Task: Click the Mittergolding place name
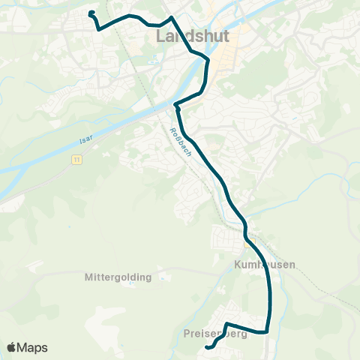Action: point(119,277)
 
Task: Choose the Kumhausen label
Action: point(264,265)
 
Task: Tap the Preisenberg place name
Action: point(214,334)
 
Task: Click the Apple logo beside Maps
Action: point(12,347)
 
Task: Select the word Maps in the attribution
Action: point(33,347)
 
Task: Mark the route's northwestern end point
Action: point(91,13)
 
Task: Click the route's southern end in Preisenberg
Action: point(207,346)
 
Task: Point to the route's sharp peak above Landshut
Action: point(172,16)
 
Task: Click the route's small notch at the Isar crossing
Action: point(176,106)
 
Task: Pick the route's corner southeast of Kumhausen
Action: point(266,330)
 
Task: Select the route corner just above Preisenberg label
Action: point(226,323)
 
